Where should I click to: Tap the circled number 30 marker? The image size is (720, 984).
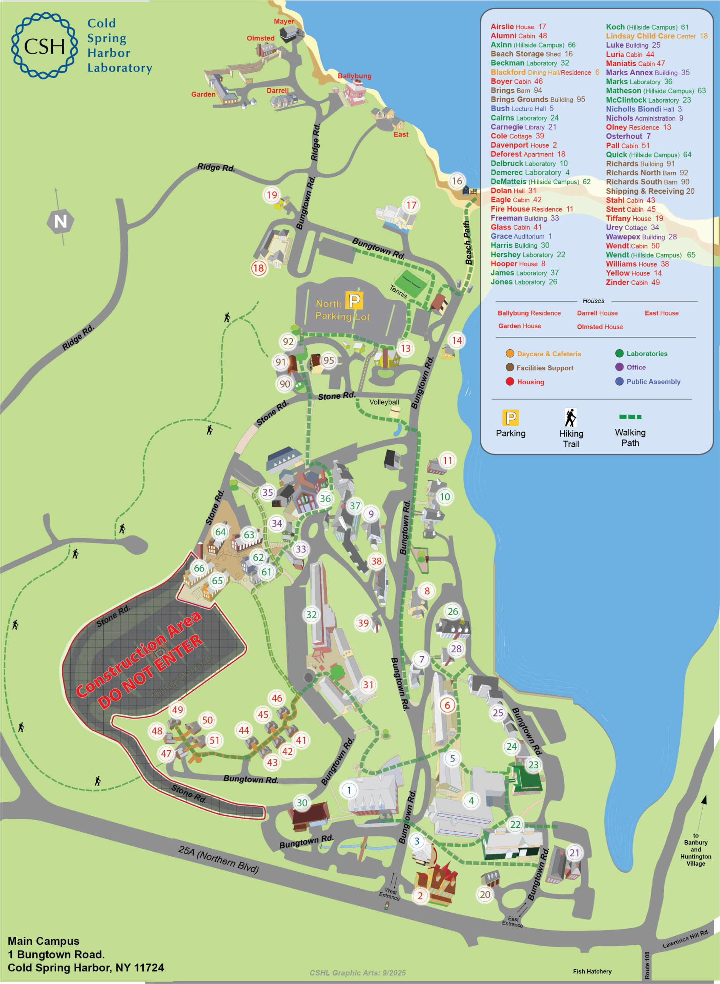[302, 802]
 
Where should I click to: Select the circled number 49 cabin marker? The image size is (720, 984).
[177, 710]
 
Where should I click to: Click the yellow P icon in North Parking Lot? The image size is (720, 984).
[354, 300]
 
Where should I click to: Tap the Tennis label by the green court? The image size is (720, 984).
[398, 291]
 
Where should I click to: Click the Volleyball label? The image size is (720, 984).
[384, 402]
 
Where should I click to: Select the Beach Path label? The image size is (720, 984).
[467, 242]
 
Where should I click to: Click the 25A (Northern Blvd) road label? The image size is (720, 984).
[219, 859]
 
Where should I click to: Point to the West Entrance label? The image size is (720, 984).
[389, 894]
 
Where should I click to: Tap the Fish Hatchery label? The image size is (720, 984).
[592, 971]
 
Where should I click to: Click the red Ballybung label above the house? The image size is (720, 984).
[354, 76]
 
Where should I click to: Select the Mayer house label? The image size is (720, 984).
[284, 21]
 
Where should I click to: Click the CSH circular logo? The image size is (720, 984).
[45, 46]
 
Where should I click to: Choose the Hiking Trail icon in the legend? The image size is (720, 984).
[570, 417]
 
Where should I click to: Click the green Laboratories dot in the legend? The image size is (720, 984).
[619, 353]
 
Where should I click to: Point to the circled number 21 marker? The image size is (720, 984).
[574, 853]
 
